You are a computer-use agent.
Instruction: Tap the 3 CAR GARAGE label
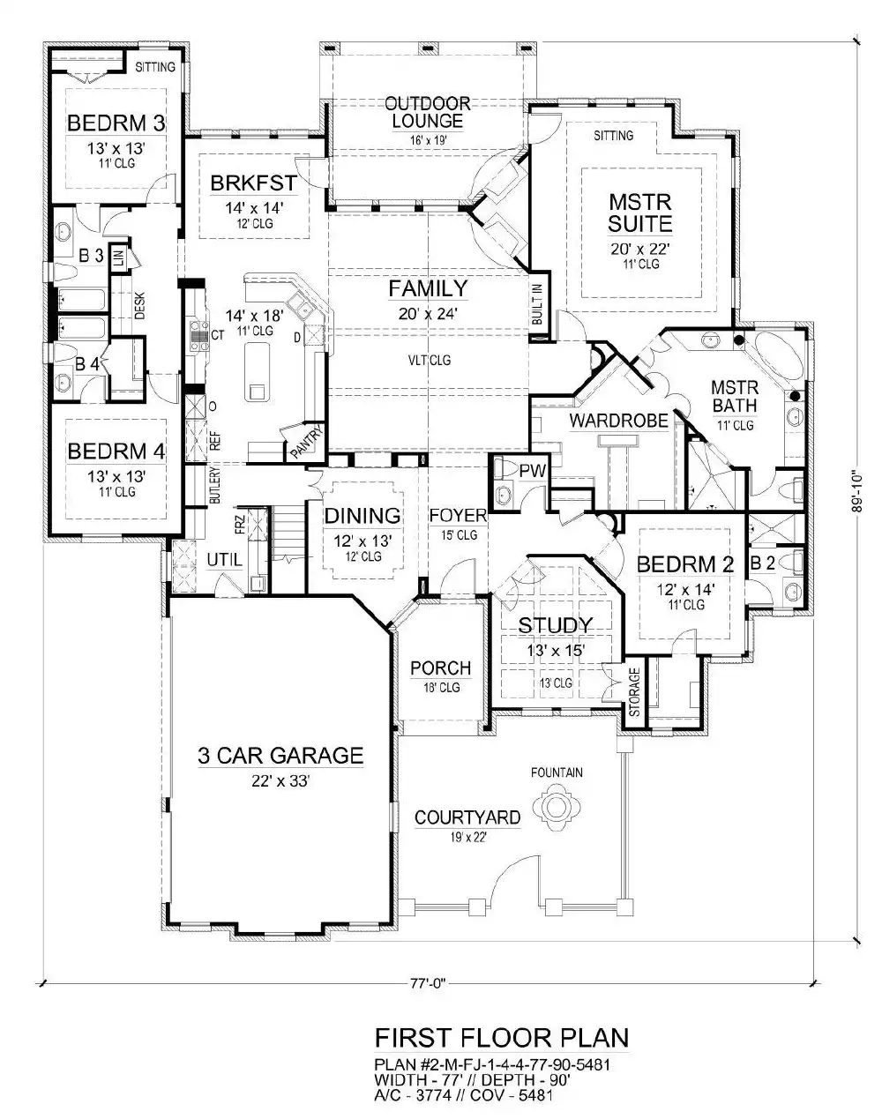280,755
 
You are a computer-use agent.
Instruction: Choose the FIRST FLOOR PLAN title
501,1035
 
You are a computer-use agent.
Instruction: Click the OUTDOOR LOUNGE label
428,112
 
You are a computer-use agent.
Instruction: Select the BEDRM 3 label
116,123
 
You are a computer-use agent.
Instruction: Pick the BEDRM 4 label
116,451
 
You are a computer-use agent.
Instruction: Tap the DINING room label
362,516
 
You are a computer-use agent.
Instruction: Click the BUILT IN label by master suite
537,302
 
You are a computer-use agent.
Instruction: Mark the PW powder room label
532,470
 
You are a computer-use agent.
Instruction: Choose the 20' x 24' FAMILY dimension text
429,312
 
